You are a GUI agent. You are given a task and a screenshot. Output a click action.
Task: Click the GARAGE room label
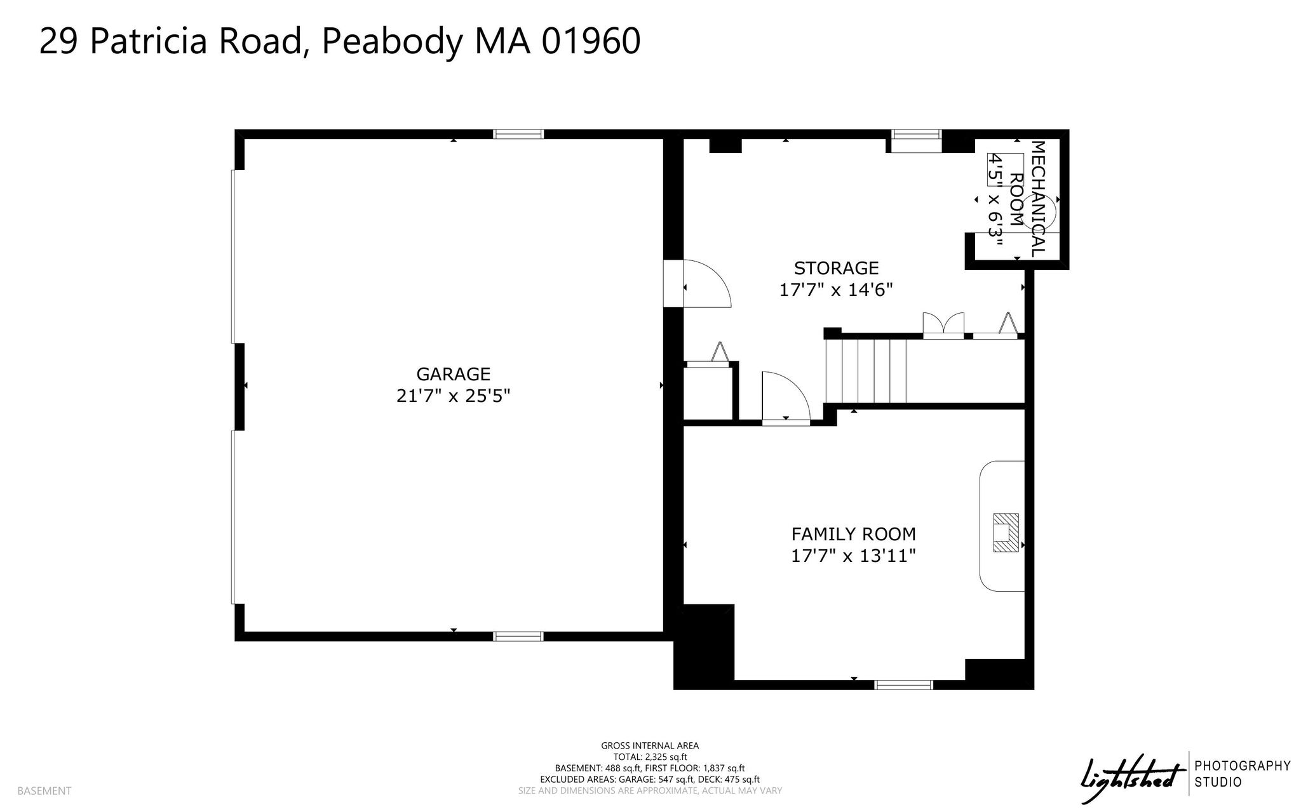[x=453, y=374]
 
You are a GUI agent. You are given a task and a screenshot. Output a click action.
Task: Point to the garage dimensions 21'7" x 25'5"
[x=453, y=396]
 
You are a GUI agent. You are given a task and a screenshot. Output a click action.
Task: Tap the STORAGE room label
[x=836, y=268]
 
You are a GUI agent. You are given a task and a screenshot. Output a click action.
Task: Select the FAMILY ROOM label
[x=853, y=534]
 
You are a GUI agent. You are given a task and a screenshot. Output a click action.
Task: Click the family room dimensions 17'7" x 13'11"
[x=853, y=556]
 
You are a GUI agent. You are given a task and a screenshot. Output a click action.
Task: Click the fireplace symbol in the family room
[x=1006, y=532]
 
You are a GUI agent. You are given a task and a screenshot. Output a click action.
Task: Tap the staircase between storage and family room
[x=865, y=371]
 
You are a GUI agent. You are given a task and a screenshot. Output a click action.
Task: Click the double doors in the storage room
[x=943, y=324]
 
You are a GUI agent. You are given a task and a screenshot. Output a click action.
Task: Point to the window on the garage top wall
[x=518, y=134]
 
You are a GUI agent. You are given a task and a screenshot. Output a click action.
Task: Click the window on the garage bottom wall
[x=518, y=636]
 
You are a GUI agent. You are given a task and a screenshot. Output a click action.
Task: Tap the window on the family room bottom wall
[x=903, y=684]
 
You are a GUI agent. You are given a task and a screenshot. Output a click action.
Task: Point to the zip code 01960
[x=591, y=42]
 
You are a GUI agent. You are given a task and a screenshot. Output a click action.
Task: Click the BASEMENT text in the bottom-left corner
[x=44, y=791]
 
